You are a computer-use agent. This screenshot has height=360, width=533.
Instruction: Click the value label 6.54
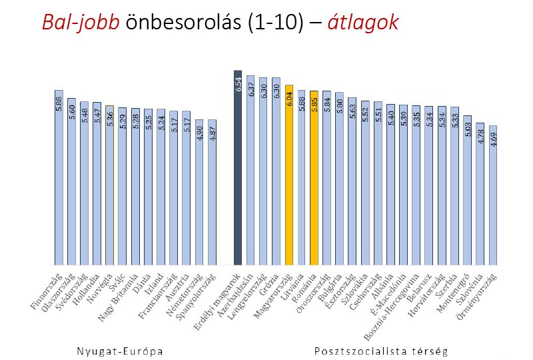tap(238, 85)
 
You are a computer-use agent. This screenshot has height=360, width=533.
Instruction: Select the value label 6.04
tap(289, 99)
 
